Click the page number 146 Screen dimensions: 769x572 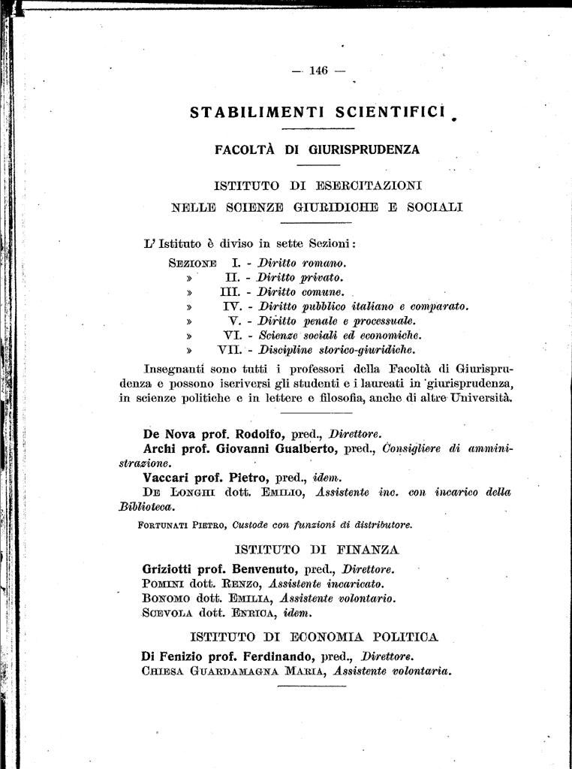point(318,71)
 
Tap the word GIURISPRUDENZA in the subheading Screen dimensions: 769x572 point(366,149)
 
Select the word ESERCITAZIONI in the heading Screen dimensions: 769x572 point(369,185)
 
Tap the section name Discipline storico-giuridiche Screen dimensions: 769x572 point(337,350)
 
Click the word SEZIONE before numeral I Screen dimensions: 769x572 point(193,264)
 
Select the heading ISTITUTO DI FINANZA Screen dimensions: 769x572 point(317,550)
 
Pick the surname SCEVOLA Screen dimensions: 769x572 point(166,613)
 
